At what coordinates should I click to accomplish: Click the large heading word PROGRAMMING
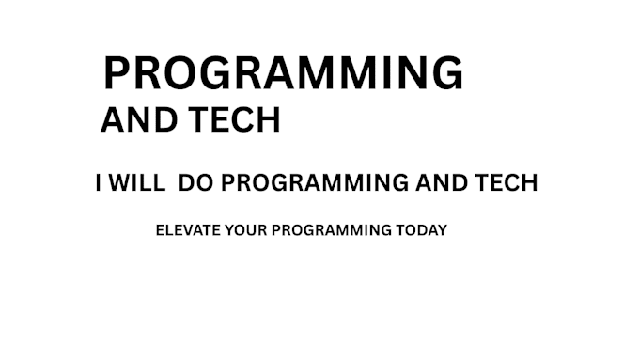[284, 73]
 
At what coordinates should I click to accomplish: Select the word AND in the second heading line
[139, 120]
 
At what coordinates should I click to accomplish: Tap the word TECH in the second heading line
[234, 120]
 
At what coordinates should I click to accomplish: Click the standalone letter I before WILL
[98, 182]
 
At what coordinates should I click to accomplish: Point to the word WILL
[137, 182]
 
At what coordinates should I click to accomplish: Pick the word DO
[196, 182]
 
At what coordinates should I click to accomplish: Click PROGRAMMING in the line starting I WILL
[315, 182]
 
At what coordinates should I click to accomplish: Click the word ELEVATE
[188, 230]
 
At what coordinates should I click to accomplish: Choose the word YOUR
[246, 230]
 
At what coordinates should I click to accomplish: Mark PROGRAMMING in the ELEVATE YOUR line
[332, 230]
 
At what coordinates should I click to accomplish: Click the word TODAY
[422, 230]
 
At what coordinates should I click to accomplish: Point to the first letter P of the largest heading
[117, 73]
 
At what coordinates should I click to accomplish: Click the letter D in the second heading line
[165, 120]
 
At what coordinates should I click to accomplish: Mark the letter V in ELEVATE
[187, 230]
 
